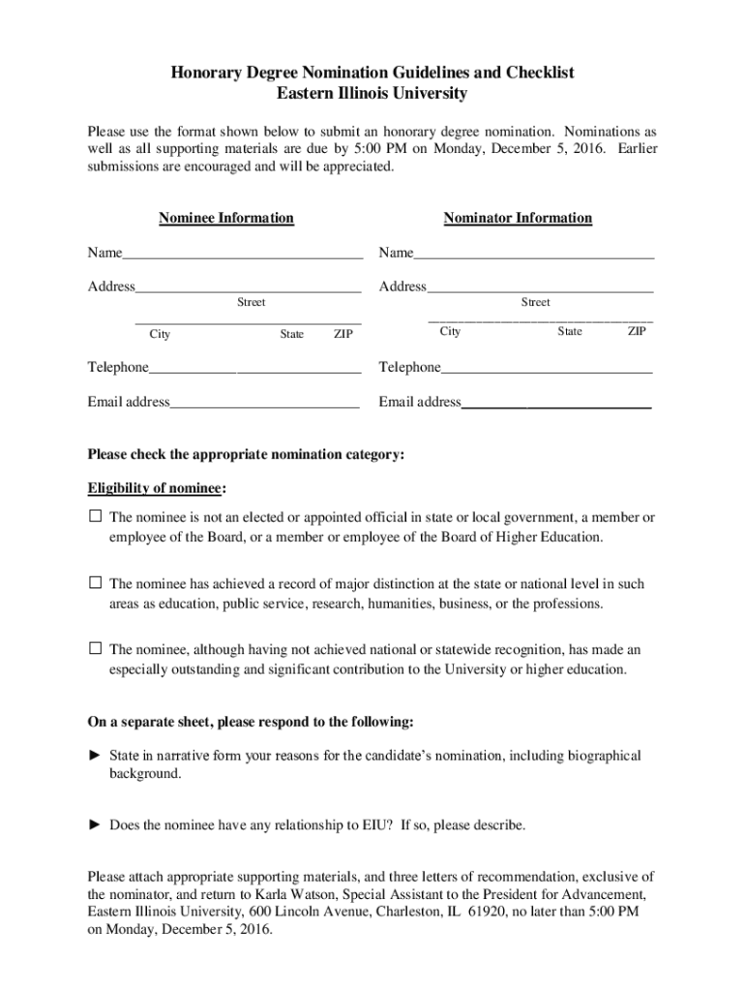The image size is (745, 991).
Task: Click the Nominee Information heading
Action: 225,218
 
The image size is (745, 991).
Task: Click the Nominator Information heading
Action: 518,218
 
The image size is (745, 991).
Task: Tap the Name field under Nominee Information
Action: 242,255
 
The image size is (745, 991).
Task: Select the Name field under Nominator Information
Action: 533,255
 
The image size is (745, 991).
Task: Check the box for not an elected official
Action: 95,518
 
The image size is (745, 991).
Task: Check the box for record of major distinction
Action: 95,584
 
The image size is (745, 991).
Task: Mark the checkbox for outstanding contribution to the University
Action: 95,649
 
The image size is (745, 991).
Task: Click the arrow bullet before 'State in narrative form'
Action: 95,755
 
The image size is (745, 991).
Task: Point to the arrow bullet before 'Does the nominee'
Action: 95,826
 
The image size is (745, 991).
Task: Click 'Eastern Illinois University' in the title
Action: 372,94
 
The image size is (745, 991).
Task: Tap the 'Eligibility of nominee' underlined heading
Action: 157,488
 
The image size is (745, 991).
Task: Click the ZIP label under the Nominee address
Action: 343,335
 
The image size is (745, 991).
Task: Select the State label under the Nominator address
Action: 570,332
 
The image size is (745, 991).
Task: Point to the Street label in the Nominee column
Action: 251,303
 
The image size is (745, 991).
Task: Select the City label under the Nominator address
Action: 450,332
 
